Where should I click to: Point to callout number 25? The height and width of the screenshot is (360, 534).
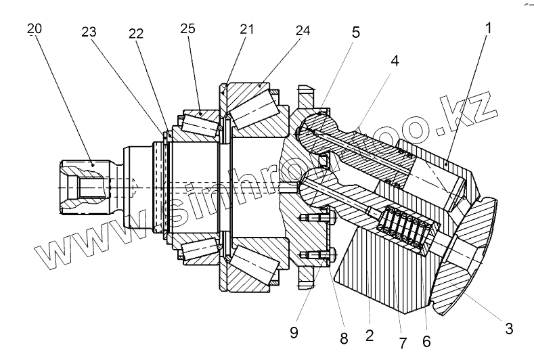(187, 30)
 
